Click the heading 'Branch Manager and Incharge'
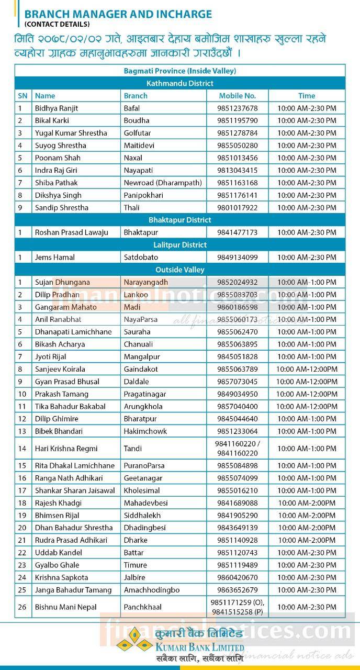[x=118, y=14]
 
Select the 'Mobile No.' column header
[x=237, y=96]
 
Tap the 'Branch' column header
[x=136, y=96]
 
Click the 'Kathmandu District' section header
[x=180, y=83]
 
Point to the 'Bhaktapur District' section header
[x=180, y=220]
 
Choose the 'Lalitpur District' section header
[x=180, y=245]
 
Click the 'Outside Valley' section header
[x=180, y=270]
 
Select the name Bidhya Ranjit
[x=57, y=108]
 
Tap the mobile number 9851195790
[x=237, y=120]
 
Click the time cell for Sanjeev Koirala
[x=307, y=369]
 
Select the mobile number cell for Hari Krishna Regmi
[x=237, y=449]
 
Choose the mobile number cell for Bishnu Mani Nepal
[x=237, y=607]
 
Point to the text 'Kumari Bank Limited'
[x=199, y=645]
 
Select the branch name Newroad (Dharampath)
[x=162, y=183]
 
